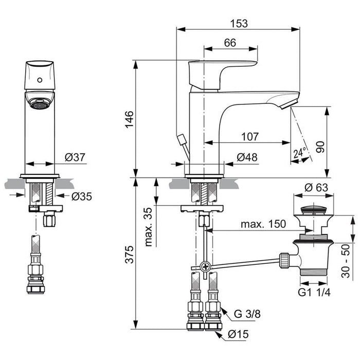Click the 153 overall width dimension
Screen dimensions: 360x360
[x=239, y=23]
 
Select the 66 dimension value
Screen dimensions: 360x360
[x=230, y=43]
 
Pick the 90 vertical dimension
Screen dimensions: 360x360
[x=320, y=146]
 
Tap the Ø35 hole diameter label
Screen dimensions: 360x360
[x=82, y=196]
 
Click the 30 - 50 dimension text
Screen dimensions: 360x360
[x=348, y=260]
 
